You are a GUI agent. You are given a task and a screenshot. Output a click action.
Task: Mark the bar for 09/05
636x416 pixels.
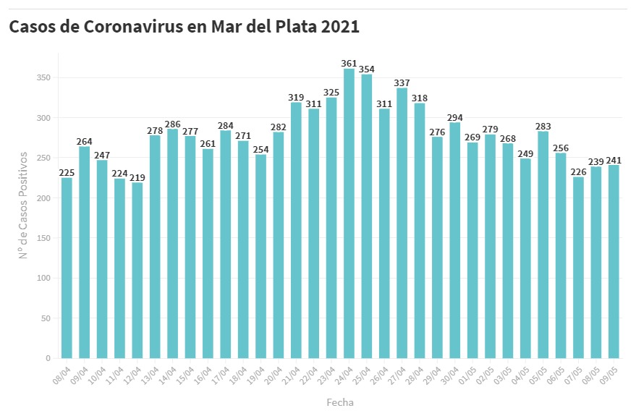(x=614, y=261)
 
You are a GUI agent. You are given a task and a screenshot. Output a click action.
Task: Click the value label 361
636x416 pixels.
(x=349, y=64)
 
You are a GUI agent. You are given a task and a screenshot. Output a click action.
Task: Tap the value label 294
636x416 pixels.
(x=454, y=117)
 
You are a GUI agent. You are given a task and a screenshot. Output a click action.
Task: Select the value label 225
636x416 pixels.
(x=67, y=172)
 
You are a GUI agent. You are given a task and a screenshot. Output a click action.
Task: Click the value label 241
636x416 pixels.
(x=614, y=160)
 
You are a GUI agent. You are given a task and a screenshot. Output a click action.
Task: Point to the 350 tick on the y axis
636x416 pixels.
(x=45, y=77)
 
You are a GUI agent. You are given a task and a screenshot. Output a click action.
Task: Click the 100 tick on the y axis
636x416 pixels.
(x=45, y=278)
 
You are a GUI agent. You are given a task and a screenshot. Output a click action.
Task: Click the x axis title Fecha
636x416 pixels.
(x=339, y=402)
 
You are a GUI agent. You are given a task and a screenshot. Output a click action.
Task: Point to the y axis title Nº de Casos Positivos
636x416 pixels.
(x=23, y=205)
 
